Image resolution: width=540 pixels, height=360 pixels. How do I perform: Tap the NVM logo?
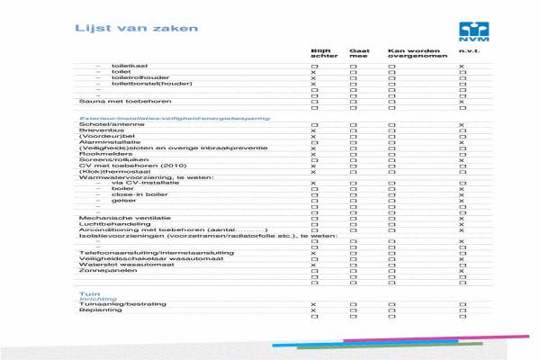468,31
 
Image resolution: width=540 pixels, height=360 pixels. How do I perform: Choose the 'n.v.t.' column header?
466,51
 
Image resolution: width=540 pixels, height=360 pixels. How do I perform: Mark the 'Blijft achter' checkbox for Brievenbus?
313,131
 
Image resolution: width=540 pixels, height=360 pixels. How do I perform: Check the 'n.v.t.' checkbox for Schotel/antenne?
462,124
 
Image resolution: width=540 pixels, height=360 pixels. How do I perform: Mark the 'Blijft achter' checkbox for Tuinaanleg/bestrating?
313,305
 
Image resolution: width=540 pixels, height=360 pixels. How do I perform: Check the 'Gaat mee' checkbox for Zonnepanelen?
354,271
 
